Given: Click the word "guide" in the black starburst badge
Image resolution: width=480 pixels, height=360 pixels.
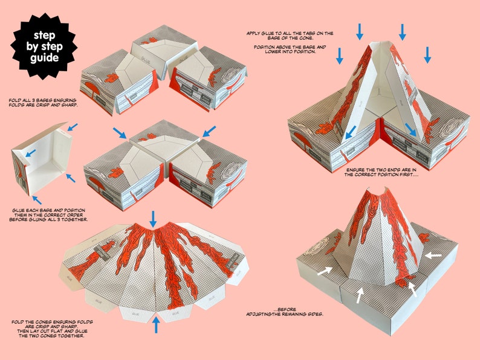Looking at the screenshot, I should [x=46, y=59].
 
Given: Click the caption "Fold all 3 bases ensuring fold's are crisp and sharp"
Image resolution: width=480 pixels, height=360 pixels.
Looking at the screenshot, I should [x=43, y=101].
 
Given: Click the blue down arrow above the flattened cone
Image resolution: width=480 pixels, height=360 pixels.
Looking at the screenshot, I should [x=154, y=217].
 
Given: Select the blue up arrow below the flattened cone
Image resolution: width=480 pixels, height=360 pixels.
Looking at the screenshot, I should [x=156, y=324].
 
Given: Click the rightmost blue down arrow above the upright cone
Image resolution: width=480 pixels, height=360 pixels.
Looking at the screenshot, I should [x=427, y=55].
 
